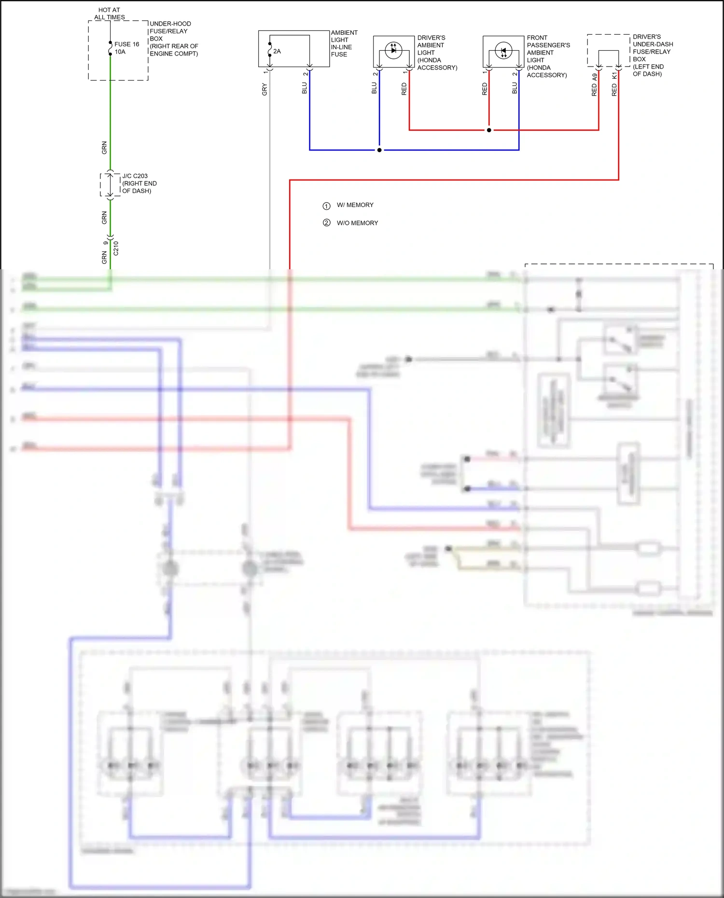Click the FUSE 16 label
pyautogui.click(x=126, y=44)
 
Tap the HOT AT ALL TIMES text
pyautogui.click(x=110, y=14)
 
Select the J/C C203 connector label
pyautogui.click(x=135, y=176)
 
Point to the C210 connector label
pyautogui.click(x=116, y=248)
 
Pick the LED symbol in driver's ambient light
pyautogui.click(x=393, y=50)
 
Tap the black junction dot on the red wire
pyautogui.click(x=489, y=130)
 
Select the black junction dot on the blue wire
pyautogui.click(x=379, y=150)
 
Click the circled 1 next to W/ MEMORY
pyautogui.click(x=326, y=206)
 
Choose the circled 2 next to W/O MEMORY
pyautogui.click(x=326, y=223)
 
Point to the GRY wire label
pyautogui.click(x=265, y=89)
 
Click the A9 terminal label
pyautogui.click(x=595, y=77)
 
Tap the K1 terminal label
pyautogui.click(x=614, y=76)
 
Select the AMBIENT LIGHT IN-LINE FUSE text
pyautogui.click(x=344, y=43)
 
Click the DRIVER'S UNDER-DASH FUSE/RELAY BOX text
pyautogui.click(x=652, y=55)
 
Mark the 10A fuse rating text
pyautogui.click(x=120, y=52)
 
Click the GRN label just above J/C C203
pyautogui.click(x=104, y=148)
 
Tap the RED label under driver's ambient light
pyautogui.click(x=404, y=89)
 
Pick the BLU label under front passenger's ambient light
pyautogui.click(x=515, y=88)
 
